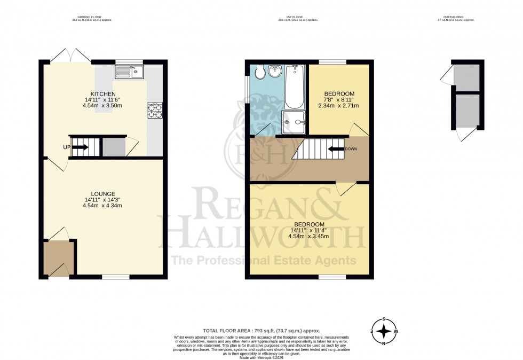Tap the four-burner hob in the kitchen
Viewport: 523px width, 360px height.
[155, 110]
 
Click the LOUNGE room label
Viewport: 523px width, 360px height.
[104, 193]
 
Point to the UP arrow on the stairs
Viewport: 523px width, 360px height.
[81, 147]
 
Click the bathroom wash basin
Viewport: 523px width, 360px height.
[276, 71]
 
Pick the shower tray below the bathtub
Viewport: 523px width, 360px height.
[295, 121]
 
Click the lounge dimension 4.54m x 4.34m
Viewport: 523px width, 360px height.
[104, 206]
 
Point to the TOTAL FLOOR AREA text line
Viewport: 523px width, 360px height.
[261, 331]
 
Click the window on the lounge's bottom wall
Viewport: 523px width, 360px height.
[116, 277]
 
